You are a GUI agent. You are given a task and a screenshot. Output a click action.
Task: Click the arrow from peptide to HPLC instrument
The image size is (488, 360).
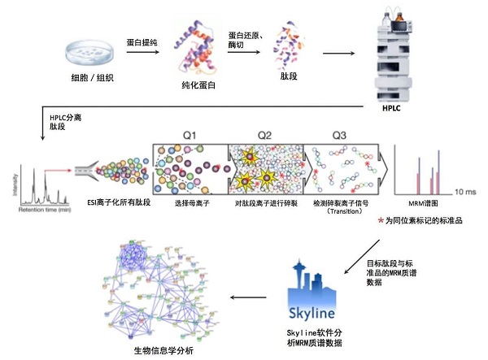click(342, 54)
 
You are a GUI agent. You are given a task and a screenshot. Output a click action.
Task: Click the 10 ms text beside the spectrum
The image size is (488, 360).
click(464, 191)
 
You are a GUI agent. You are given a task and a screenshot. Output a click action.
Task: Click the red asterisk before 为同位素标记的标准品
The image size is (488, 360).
click(381, 220)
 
